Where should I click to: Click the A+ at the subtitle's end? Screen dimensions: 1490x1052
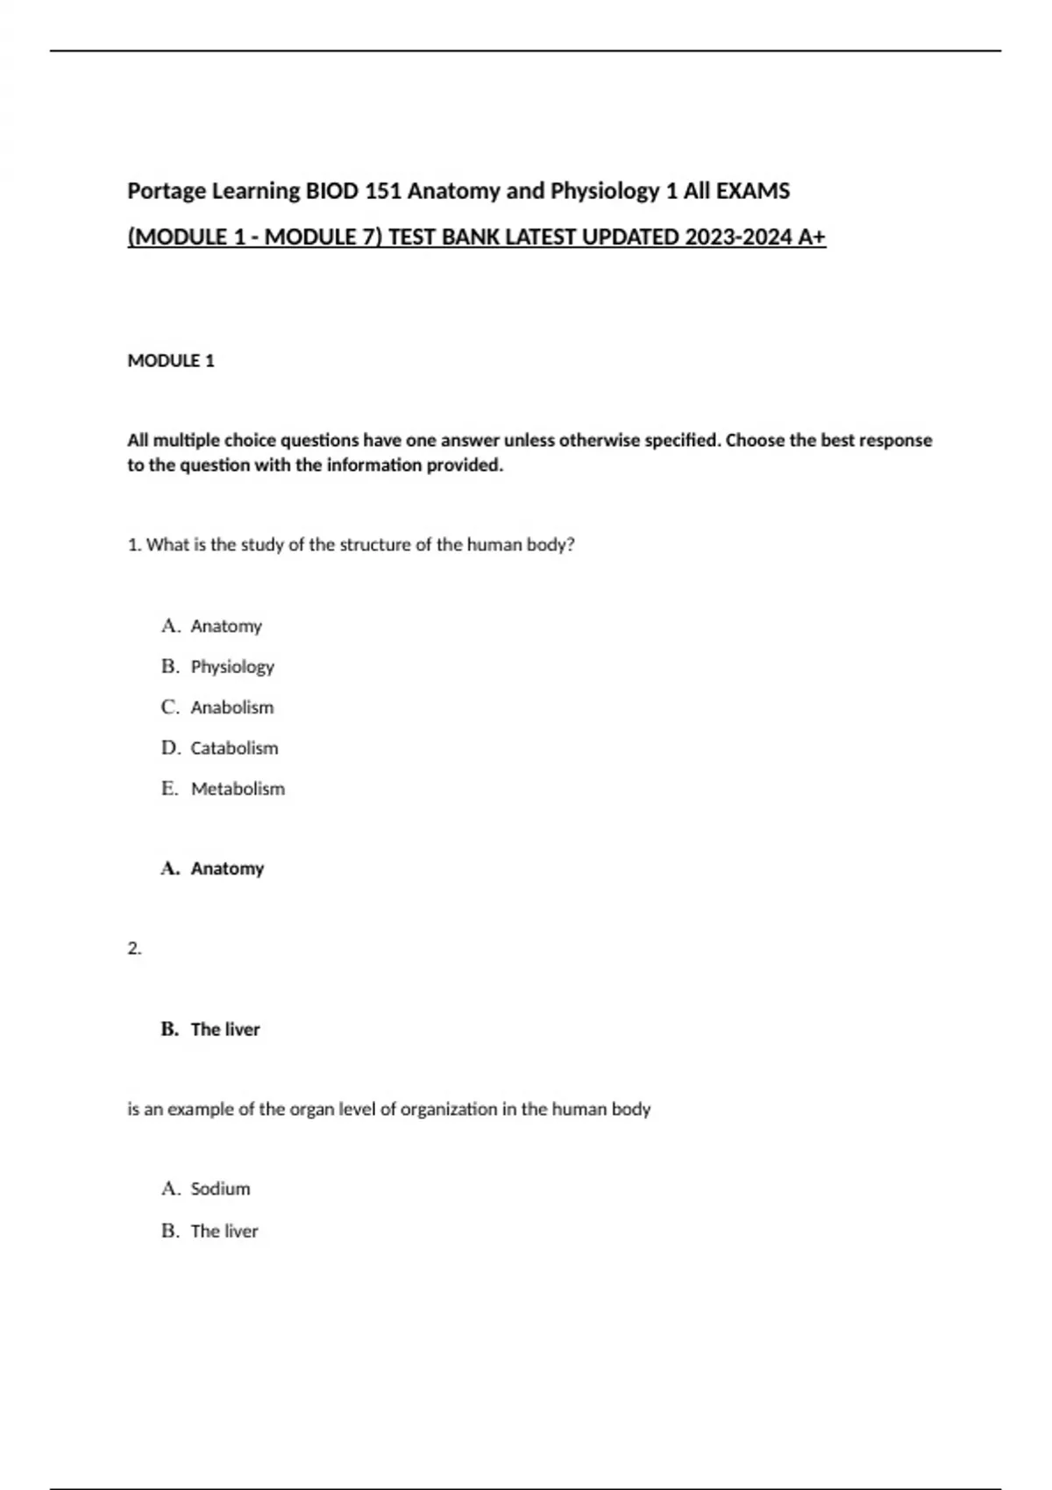(813, 238)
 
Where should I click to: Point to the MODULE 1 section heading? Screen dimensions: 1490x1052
(171, 361)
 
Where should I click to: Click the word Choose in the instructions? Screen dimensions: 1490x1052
(755, 440)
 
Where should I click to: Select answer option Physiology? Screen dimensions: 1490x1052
(232, 667)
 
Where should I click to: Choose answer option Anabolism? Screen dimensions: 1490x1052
(232, 707)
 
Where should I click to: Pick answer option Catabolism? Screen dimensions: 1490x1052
(234, 749)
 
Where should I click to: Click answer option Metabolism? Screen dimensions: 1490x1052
(238, 789)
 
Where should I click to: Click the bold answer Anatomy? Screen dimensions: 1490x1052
(227, 869)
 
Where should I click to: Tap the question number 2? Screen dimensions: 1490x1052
(134, 948)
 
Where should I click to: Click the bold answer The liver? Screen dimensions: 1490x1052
(225, 1030)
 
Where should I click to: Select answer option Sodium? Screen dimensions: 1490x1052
(220, 1189)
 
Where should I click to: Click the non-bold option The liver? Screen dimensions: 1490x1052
(224, 1231)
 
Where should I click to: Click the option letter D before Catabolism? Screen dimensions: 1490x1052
(170, 749)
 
